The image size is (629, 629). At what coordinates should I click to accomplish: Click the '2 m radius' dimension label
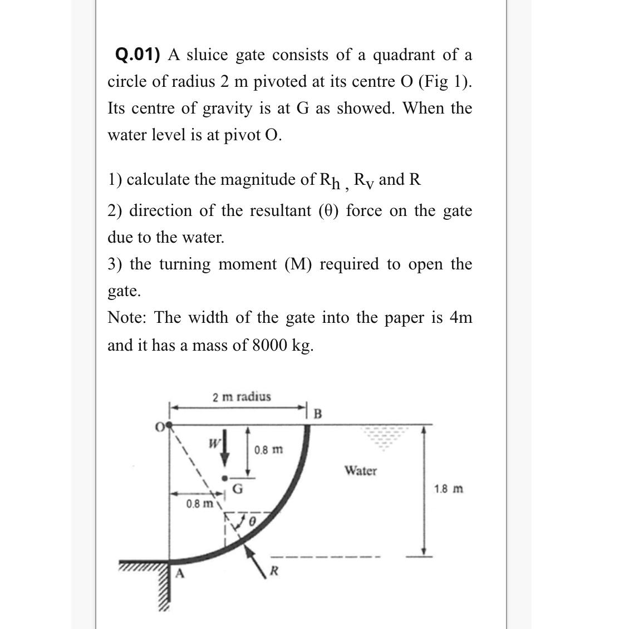pos(242,397)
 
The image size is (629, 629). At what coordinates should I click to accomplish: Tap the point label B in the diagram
pos(318,414)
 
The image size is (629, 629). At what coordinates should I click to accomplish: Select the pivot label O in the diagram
pos(160,427)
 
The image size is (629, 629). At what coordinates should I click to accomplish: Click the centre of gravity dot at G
pos(225,478)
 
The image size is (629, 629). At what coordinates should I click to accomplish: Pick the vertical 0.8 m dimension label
pos(268,449)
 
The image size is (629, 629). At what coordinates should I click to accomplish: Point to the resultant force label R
pos(273,571)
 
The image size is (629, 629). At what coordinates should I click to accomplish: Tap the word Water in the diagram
pos(360,471)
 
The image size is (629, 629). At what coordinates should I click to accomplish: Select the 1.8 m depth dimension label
pos(449,489)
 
